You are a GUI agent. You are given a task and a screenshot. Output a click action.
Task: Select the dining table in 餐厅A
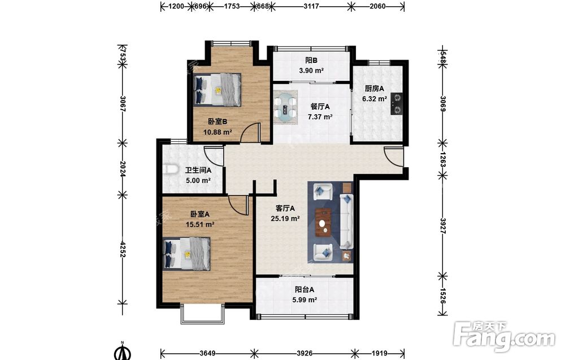286,107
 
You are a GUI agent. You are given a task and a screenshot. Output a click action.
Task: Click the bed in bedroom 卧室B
218,90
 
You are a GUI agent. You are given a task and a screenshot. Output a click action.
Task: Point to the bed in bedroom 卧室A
186,254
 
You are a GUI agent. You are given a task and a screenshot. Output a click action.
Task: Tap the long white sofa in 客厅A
346,222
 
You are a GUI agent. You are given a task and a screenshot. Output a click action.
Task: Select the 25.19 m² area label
285,218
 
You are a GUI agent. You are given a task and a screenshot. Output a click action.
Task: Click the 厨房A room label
375,88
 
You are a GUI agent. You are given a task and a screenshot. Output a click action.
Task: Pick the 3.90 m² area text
311,71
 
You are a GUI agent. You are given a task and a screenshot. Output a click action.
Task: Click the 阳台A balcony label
305,289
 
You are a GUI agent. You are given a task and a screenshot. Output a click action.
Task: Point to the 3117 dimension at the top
311,6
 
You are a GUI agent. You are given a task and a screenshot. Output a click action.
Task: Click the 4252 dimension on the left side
123,249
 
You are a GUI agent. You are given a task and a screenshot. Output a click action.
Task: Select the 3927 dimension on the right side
443,226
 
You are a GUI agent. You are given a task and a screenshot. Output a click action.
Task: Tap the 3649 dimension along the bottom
207,353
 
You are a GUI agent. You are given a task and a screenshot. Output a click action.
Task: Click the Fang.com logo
504,337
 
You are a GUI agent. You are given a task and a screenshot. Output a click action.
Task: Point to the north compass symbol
123,352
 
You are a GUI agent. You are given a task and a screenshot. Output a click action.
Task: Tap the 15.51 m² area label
200,224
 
